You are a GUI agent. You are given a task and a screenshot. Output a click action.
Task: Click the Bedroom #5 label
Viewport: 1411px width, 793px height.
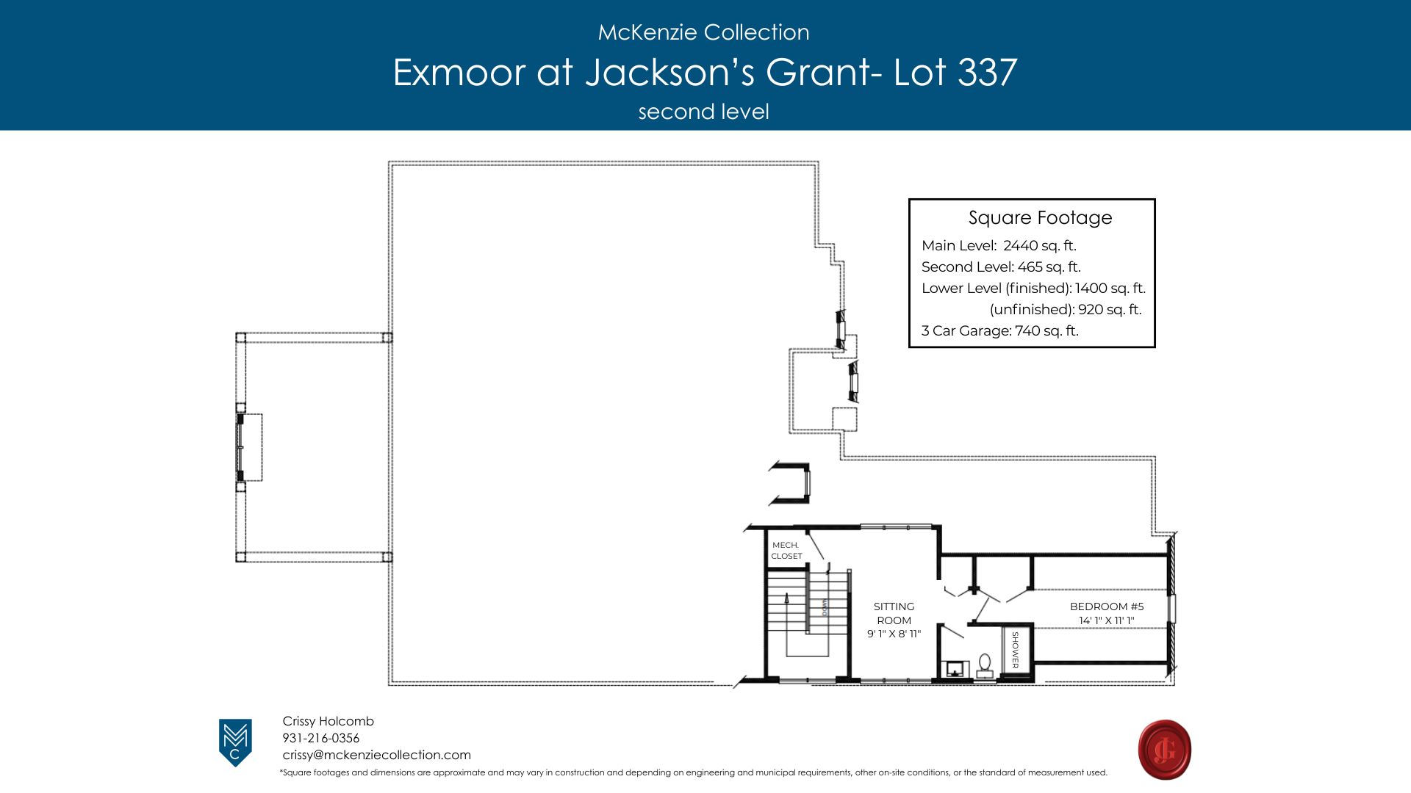pos(1107,606)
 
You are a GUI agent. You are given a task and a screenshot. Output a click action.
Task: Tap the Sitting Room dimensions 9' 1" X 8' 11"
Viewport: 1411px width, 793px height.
pos(894,634)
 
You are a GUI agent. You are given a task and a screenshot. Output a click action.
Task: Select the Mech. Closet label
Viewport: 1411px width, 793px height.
pos(786,551)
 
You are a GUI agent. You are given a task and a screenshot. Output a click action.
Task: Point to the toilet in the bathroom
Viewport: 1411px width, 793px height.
pos(985,665)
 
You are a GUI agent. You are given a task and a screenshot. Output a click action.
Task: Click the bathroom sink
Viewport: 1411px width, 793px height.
pos(955,669)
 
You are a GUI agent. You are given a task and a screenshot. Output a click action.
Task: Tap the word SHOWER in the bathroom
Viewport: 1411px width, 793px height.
pos(1016,650)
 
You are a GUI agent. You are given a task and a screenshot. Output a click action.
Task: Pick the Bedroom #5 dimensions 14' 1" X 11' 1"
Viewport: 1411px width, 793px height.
pos(1107,620)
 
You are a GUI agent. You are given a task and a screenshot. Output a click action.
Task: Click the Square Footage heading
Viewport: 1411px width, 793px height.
pos(1040,218)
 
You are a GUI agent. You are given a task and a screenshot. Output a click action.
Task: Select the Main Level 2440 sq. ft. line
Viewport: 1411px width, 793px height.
pos(999,246)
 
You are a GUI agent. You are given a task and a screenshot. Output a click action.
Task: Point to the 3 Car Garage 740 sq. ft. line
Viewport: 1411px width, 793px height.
pos(1000,331)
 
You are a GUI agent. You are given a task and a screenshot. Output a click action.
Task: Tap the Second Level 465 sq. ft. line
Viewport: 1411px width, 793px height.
pos(1001,267)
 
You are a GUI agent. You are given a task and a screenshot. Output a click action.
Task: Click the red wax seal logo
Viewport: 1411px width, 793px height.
pos(1165,750)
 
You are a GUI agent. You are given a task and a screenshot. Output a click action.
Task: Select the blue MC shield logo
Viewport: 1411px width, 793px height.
pos(235,742)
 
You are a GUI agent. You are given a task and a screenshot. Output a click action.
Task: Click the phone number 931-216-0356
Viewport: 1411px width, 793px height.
pos(321,738)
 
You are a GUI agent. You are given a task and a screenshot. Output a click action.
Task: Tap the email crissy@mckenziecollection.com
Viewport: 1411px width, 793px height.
pos(376,755)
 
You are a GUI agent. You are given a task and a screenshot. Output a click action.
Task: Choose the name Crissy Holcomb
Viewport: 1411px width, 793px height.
pos(328,721)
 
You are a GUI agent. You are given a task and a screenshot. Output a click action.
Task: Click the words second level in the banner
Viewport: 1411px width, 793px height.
pos(703,112)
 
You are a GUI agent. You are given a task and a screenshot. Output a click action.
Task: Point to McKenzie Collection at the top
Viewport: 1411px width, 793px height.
pos(703,32)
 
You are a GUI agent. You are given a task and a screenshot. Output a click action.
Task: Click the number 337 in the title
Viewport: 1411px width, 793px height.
pos(988,72)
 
